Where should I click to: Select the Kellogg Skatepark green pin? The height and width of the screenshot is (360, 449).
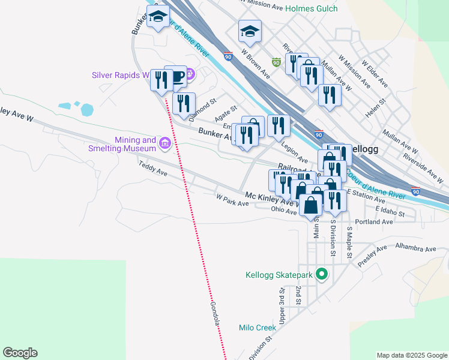322,275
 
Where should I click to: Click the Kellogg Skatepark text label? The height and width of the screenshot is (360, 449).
279,275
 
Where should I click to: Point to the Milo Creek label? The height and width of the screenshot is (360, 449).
257,328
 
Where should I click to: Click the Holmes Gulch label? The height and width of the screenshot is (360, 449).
311,8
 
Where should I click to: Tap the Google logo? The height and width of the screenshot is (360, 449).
20,353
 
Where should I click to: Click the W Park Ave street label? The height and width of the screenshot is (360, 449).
232,200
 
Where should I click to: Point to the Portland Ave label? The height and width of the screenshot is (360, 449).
373,221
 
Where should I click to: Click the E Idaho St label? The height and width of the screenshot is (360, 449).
390,211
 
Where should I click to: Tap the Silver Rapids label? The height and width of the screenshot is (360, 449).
120,76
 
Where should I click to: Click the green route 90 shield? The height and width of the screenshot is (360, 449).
276,62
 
